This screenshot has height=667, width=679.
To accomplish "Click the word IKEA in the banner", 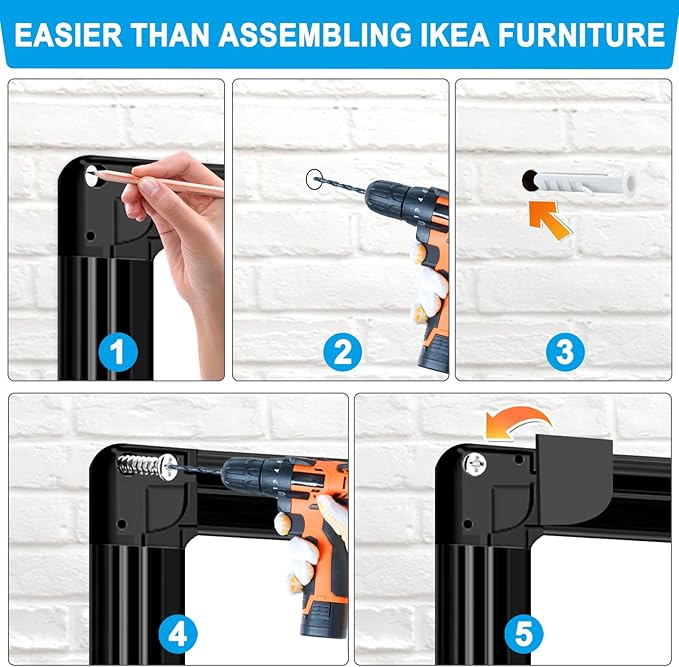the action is click(454, 35).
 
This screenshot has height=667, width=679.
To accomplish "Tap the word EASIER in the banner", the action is click(68, 35).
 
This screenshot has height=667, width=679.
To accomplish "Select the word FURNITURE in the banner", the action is click(582, 35).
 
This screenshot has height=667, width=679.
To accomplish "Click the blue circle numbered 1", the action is click(118, 352).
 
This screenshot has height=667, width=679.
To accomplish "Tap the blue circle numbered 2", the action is click(343, 352).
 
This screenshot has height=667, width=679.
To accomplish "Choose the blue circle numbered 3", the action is click(565, 352).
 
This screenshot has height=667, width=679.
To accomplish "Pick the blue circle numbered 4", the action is click(178, 635).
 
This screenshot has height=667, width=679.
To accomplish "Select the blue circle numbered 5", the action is click(524, 635).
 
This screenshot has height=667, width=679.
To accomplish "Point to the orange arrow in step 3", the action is click(549, 220).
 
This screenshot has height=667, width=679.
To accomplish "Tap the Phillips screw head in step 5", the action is click(474, 464).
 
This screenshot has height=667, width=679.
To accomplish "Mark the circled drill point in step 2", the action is click(314, 179).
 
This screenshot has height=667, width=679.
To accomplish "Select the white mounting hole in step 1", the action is click(94, 176).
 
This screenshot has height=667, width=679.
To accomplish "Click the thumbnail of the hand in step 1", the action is click(150, 188).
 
